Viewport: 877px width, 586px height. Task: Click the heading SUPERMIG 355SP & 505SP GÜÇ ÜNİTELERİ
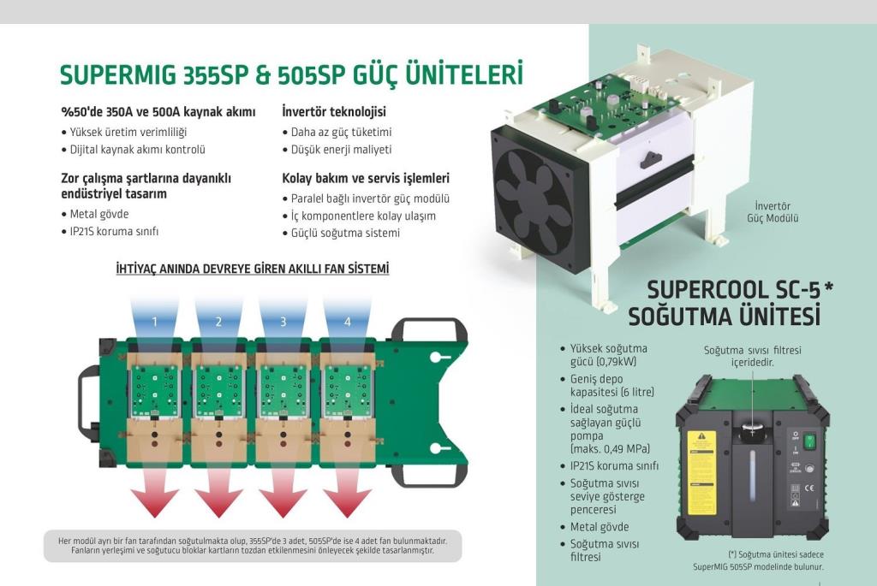pos(290,74)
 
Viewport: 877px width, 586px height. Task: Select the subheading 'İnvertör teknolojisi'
pos(334,112)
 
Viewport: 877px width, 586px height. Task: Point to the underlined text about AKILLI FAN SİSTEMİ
pos(253,269)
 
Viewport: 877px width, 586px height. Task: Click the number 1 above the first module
pos(155,322)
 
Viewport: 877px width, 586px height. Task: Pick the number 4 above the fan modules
pos(347,322)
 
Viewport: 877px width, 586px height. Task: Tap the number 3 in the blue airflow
pos(283,322)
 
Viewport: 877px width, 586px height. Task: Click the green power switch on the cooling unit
pos(808,441)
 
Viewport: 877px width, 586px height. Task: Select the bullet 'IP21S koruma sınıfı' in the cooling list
pos(614,466)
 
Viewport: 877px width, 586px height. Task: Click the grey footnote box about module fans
pos(252,545)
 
